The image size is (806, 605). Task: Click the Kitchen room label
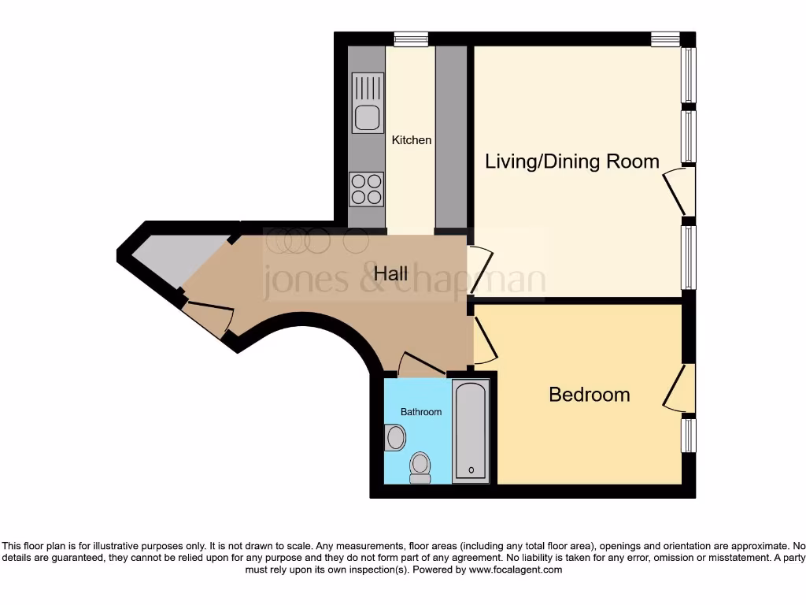point(412,140)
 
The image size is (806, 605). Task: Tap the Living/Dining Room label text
point(571,161)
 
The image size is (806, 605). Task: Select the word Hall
point(390,273)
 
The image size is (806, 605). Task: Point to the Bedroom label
point(589,395)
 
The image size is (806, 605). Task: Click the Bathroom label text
point(421,412)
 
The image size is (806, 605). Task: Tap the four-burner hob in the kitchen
point(367,188)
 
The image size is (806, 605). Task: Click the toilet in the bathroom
point(420,466)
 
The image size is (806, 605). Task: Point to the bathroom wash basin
point(395,436)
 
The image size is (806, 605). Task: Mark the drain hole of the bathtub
point(471,470)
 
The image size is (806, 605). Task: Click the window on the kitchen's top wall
point(411,37)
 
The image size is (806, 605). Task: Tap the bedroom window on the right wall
point(688,435)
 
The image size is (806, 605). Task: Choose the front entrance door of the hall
point(208,315)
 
